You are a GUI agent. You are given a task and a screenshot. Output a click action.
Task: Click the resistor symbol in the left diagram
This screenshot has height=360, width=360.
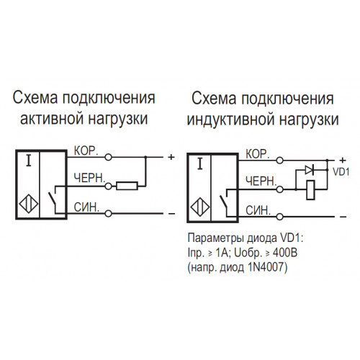point(127,186)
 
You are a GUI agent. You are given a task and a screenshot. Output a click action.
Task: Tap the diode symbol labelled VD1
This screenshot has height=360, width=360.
point(310,170)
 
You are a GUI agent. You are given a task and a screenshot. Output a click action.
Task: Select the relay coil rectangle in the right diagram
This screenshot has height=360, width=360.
point(310,189)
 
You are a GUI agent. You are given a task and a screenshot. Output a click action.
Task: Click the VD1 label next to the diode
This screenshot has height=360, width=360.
point(341,172)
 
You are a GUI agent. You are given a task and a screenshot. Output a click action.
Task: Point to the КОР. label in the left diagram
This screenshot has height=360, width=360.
point(86,150)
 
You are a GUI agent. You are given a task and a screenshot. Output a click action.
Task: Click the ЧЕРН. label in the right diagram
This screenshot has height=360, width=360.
point(261,181)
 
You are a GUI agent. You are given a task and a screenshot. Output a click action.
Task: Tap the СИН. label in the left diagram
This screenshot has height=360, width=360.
point(86,207)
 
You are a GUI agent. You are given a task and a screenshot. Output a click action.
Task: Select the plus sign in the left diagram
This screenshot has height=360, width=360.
point(171,157)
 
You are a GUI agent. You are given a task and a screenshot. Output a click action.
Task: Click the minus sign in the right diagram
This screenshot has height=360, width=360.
point(343,217)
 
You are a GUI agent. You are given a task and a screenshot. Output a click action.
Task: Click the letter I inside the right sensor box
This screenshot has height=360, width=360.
point(200,164)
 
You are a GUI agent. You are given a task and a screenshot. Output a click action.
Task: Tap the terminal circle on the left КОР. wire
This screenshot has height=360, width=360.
point(109,157)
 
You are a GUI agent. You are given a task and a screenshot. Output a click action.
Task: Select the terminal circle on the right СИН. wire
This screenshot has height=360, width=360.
point(280,217)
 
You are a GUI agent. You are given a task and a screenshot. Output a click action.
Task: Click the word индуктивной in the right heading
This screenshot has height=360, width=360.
point(231,120)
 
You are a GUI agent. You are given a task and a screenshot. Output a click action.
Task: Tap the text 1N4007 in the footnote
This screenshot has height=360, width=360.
point(266,267)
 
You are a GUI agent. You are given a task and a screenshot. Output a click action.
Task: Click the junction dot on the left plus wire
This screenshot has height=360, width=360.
point(145,157)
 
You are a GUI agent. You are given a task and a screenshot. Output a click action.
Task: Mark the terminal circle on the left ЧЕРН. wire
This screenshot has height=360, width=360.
point(109,186)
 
